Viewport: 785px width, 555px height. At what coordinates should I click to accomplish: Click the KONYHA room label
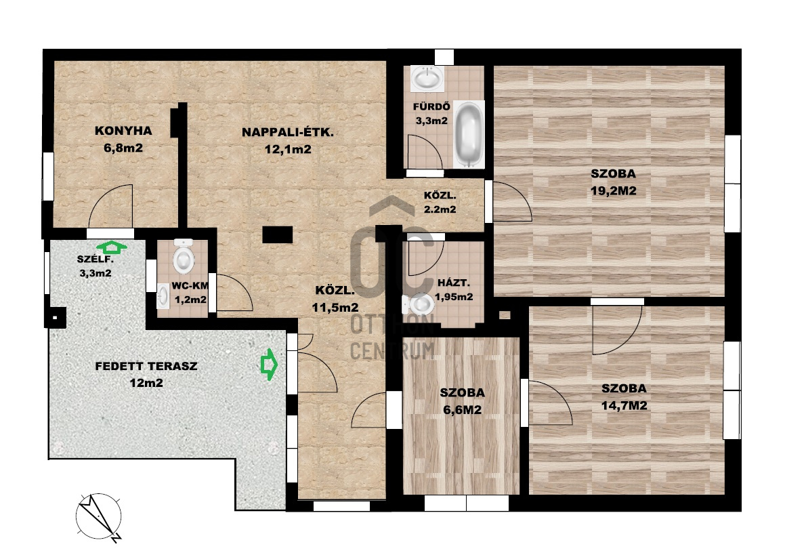tap(123, 131)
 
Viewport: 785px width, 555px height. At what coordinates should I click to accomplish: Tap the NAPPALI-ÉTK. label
tap(288, 132)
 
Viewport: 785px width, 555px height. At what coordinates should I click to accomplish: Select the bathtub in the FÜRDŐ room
tap(469, 134)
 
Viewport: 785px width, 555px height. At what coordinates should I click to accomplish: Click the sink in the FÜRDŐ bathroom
tap(427, 78)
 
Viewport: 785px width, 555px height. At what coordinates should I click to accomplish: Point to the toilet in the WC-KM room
tap(184, 256)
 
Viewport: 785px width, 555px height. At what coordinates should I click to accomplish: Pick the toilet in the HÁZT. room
tap(417, 304)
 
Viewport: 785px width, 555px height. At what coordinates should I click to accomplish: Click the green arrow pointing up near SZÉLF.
tap(112, 247)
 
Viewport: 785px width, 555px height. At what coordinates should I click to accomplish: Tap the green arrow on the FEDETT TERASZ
tap(269, 365)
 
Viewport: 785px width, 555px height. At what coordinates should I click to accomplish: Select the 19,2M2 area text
tap(613, 191)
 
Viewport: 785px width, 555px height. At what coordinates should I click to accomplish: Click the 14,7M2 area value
tap(624, 405)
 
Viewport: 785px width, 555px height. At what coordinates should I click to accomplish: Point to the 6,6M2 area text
tap(463, 410)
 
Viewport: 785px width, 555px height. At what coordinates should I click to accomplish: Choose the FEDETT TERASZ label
tap(146, 366)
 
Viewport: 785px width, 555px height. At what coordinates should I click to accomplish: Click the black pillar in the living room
tap(277, 235)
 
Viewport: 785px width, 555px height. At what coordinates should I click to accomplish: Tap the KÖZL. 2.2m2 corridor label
tap(440, 203)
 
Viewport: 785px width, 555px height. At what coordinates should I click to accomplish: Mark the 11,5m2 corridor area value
tap(335, 308)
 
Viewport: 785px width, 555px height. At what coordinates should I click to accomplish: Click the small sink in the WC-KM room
tap(163, 296)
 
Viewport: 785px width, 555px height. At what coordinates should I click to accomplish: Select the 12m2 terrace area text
tap(146, 383)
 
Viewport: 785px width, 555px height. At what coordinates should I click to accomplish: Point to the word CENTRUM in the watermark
tap(392, 350)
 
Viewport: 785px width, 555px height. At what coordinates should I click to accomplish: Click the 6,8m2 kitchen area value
tap(123, 148)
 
